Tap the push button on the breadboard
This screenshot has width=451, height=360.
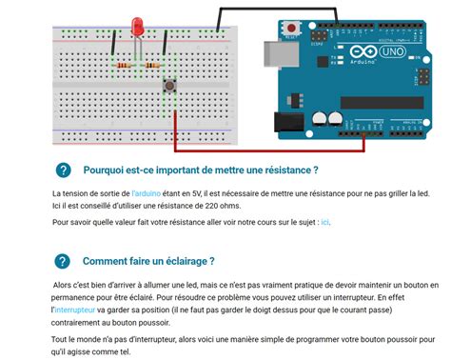tap(170, 87)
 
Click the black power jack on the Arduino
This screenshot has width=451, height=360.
tap(288, 122)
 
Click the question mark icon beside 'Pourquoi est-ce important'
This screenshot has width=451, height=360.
tap(63, 170)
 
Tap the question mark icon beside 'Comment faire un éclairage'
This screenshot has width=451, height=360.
tap(63, 261)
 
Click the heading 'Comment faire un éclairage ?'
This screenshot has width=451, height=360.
tap(147, 261)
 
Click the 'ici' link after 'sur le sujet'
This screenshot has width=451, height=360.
tap(324, 222)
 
